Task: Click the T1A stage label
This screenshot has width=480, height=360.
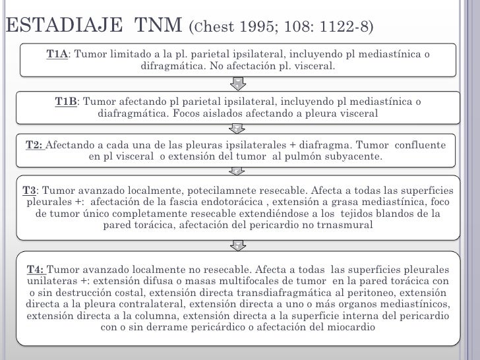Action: tap(57, 54)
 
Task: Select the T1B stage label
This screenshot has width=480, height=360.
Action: tap(66, 102)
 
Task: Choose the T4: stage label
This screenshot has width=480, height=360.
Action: tap(36, 270)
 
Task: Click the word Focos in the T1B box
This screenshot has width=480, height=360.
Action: tap(197, 113)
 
